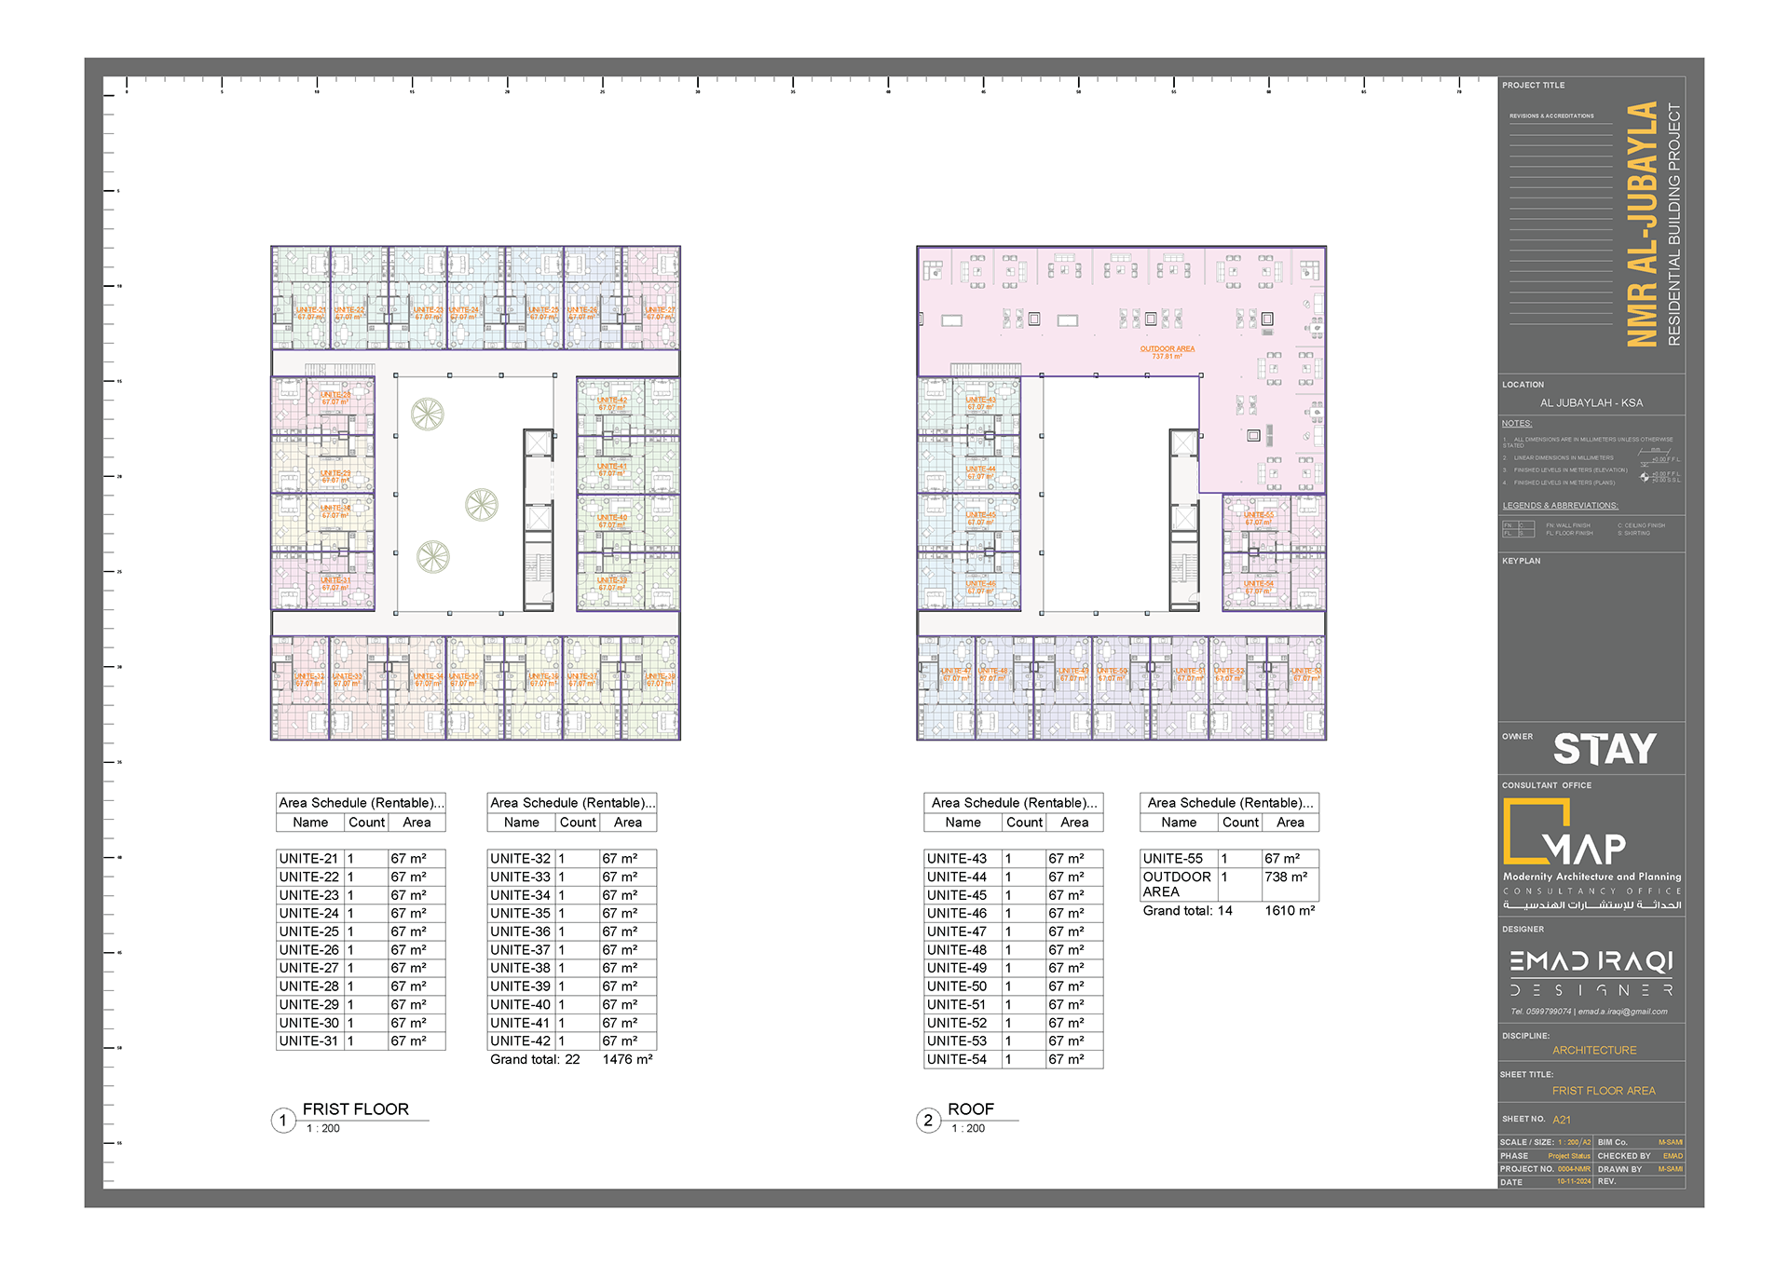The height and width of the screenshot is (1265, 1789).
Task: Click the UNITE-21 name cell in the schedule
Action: [x=308, y=859]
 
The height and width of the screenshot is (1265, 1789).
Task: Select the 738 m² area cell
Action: [x=1286, y=877]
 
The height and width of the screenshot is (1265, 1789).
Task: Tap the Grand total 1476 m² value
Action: [x=627, y=1060]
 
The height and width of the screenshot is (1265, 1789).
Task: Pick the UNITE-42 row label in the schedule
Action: [x=520, y=1041]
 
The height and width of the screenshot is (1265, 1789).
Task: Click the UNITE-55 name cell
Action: [x=1173, y=859]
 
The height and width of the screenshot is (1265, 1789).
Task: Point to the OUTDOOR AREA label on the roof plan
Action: [x=1167, y=349]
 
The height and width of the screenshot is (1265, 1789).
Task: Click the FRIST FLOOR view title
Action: [x=355, y=1109]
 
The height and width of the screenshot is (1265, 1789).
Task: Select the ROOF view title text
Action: [x=970, y=1109]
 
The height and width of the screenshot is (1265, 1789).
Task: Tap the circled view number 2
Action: [x=928, y=1121]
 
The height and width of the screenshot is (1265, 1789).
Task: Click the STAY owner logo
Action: [x=1605, y=750]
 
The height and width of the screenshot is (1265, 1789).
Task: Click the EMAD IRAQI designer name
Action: [x=1591, y=961]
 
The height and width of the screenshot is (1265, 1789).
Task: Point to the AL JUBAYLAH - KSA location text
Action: [x=1591, y=403]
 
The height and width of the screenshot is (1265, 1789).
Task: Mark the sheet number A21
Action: [x=1562, y=1120]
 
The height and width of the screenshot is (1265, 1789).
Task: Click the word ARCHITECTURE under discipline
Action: [x=1593, y=1051]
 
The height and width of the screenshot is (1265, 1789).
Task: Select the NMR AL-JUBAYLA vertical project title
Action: [x=1643, y=224]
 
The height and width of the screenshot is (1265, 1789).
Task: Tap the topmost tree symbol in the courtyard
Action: [x=428, y=414]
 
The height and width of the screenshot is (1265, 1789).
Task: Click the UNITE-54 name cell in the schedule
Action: [x=956, y=1060]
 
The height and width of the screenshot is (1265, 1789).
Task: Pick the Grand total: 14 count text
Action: [x=1187, y=911]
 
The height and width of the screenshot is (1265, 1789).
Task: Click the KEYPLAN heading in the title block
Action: [x=1521, y=562]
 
